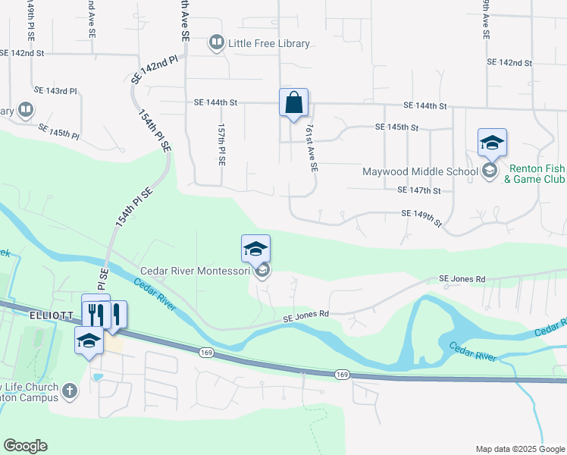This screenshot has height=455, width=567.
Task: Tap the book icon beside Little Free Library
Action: (x=216, y=42)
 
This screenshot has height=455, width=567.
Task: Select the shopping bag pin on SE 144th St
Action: (x=293, y=102)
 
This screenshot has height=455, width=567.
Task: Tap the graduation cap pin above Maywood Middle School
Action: (x=491, y=143)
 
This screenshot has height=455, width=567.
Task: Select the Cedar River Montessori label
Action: (x=196, y=271)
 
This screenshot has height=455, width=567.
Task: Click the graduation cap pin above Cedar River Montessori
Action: (x=255, y=248)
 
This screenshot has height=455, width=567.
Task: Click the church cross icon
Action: (x=69, y=391)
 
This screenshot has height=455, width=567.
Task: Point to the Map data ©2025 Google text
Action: (x=519, y=449)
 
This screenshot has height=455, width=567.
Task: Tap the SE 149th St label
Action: (x=421, y=217)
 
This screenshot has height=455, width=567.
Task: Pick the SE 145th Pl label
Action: (x=58, y=131)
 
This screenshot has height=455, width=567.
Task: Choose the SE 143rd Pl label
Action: (x=57, y=91)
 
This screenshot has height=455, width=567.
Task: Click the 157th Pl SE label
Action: (x=221, y=145)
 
